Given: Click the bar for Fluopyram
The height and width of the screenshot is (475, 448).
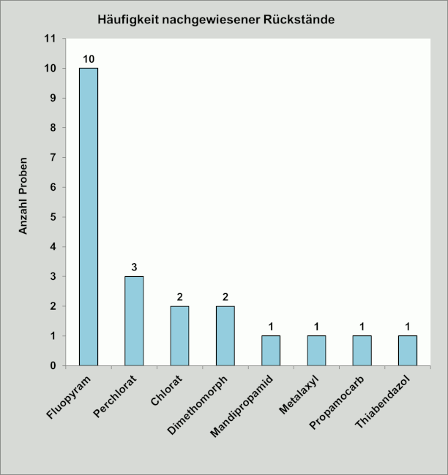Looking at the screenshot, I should coord(89,216).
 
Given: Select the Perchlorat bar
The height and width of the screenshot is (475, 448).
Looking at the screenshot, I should coord(134,321).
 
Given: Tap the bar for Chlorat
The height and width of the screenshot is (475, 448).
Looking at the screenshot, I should coord(179,335).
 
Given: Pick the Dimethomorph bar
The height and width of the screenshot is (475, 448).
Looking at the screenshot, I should coord(225,335).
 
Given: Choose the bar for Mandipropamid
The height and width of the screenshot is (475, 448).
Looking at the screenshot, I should coord(271,351).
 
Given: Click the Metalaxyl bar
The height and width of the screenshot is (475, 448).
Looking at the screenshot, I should coord(316,351).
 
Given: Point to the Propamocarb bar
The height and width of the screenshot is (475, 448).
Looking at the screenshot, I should coord(362,351).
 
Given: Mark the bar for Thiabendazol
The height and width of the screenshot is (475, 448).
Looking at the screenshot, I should coord(408,351).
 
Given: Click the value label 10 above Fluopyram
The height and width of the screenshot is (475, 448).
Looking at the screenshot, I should coord(89,59).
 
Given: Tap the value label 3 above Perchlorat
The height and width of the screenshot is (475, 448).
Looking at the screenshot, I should coord(134,267).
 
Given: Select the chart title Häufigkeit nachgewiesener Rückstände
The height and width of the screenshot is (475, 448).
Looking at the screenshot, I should coord(216,20).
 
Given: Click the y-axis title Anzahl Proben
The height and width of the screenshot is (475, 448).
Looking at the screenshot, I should coord(23,196).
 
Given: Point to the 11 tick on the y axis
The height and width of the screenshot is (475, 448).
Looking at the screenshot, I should coord(51,39).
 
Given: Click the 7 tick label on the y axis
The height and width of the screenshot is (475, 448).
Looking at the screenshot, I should coord(54,158).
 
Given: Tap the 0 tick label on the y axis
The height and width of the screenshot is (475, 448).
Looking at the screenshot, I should coord(54,365).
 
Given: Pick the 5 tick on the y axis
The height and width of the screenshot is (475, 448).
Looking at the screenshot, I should coord(54,217).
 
